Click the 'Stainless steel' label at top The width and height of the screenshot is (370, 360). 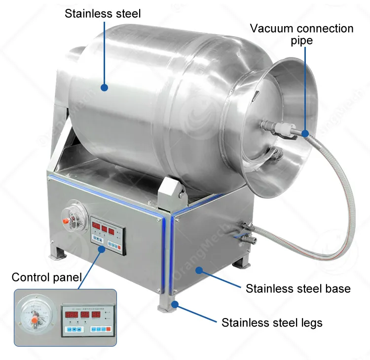tap(103, 13)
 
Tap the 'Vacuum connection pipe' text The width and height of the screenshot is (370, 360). tap(301, 34)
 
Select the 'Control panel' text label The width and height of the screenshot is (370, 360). tap(46, 277)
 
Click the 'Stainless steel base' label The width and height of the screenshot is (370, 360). tap(298, 288)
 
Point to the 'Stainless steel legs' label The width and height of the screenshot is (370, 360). tap(272, 323)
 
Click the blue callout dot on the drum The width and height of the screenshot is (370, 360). tap(104, 88)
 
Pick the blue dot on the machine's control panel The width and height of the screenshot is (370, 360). tap(101, 249)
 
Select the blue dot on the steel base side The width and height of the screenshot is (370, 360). tap(198, 270)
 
